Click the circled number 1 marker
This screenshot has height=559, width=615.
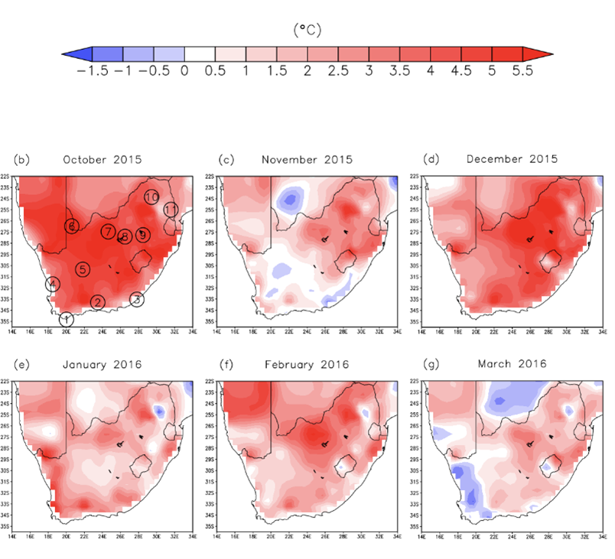67,320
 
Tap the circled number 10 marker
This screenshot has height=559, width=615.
151,197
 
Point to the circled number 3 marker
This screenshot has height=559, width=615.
136,299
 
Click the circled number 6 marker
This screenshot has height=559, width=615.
72,226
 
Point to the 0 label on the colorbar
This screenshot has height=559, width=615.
184,70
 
